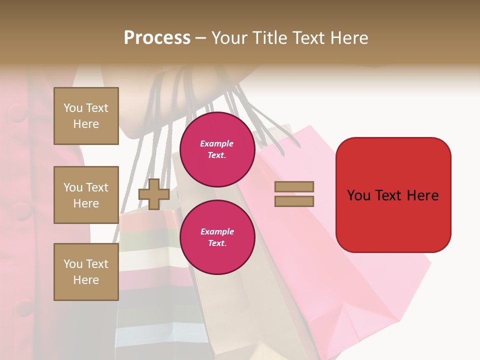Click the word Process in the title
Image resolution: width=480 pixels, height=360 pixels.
click(x=157, y=38)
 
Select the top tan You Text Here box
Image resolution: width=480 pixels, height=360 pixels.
click(x=86, y=116)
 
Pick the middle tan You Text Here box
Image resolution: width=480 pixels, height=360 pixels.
click(x=86, y=195)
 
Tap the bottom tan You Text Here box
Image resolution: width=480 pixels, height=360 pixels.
click(x=86, y=271)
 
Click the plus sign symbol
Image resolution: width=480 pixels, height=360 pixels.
click(x=154, y=194)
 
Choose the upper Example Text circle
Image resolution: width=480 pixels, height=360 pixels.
click(x=217, y=149)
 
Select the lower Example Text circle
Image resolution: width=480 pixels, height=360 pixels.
click(x=217, y=237)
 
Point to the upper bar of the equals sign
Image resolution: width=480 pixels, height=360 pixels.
click(x=294, y=187)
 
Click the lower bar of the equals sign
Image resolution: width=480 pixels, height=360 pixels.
click(x=294, y=201)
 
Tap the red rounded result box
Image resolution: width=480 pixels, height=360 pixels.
click(x=393, y=195)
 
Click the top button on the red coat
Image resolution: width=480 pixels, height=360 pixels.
click(x=17, y=112)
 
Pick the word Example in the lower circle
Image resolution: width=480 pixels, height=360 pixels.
click(x=217, y=231)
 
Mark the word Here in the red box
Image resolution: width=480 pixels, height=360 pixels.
click(x=422, y=195)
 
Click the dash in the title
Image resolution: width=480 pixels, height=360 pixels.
click(x=201, y=38)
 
